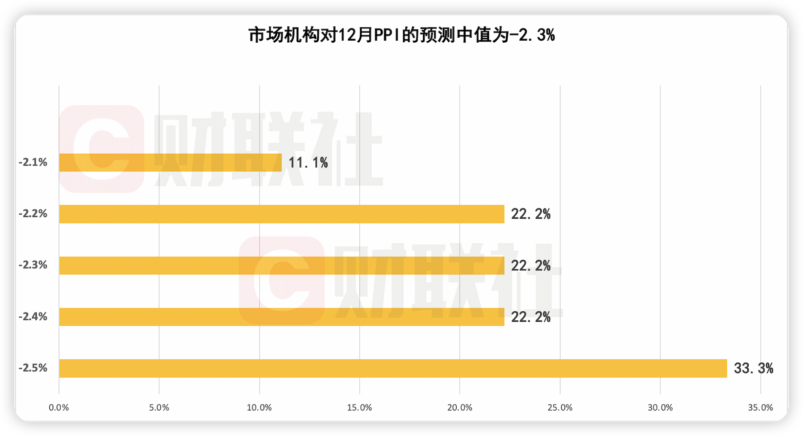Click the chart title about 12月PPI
401,35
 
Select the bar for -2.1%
170,163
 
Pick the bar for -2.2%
281,214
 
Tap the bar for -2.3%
281,266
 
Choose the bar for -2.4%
281,317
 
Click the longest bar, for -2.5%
393,368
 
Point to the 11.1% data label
308,163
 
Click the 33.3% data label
753,368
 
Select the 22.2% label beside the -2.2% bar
531,214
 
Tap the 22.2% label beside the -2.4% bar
531,317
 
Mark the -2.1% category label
33,163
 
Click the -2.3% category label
33,265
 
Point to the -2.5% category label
33,368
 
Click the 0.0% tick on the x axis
59,408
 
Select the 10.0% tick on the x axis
259,408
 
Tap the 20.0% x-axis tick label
460,408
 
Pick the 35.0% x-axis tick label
760,408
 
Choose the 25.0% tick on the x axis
560,408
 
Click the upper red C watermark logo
102,149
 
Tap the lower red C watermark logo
281,280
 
